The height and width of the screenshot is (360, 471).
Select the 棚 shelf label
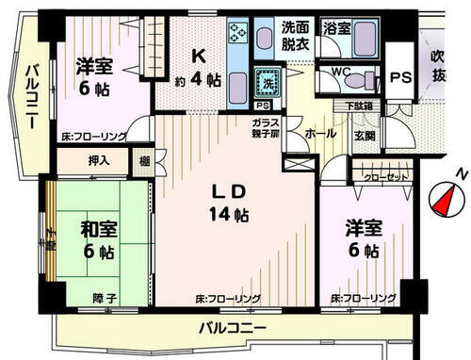point(143,160)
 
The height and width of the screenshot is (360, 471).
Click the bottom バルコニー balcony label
point(230,328)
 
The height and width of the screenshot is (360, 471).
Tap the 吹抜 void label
point(438,66)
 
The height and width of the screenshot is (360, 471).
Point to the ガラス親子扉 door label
point(265,129)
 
